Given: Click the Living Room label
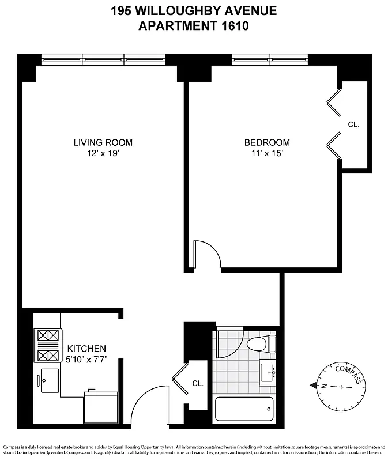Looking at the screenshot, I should (103, 142).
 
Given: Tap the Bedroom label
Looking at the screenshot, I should (267, 142).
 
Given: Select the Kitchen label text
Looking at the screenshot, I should (86, 349).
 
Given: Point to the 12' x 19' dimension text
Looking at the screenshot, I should (103, 153).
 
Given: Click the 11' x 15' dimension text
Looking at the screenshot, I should (267, 153).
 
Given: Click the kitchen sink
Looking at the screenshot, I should (49, 380).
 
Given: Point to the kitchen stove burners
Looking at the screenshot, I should (48, 345).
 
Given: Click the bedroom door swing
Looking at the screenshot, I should (206, 253).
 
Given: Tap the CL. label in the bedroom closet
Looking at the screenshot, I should (353, 124).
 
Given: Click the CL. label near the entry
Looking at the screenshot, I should (197, 383).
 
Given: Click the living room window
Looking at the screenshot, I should (103, 59).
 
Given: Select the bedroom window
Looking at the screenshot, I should (270, 59).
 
